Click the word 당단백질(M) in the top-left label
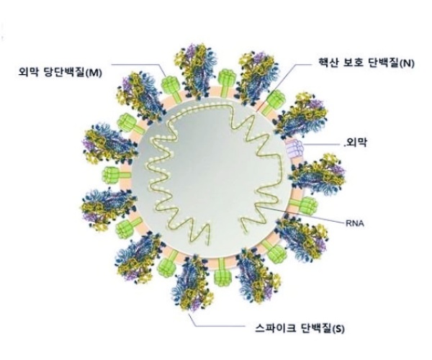[x=75, y=72]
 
